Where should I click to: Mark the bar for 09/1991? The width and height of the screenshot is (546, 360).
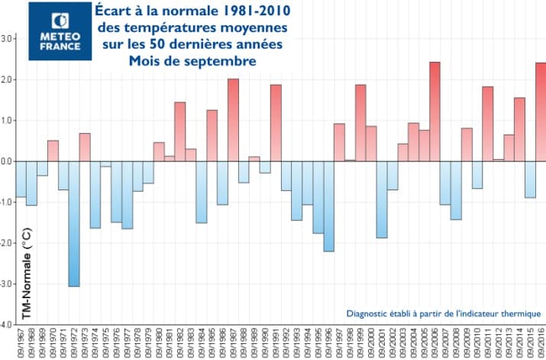coord(276,122)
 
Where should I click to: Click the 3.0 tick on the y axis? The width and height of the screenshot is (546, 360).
coord(8,38)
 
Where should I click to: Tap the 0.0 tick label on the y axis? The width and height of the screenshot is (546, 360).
coord(8,161)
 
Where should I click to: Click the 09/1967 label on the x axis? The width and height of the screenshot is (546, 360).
coord(21,343)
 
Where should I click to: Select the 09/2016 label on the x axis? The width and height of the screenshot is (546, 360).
coord(541,343)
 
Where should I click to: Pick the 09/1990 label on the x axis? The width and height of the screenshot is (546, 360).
coord(265,343)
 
